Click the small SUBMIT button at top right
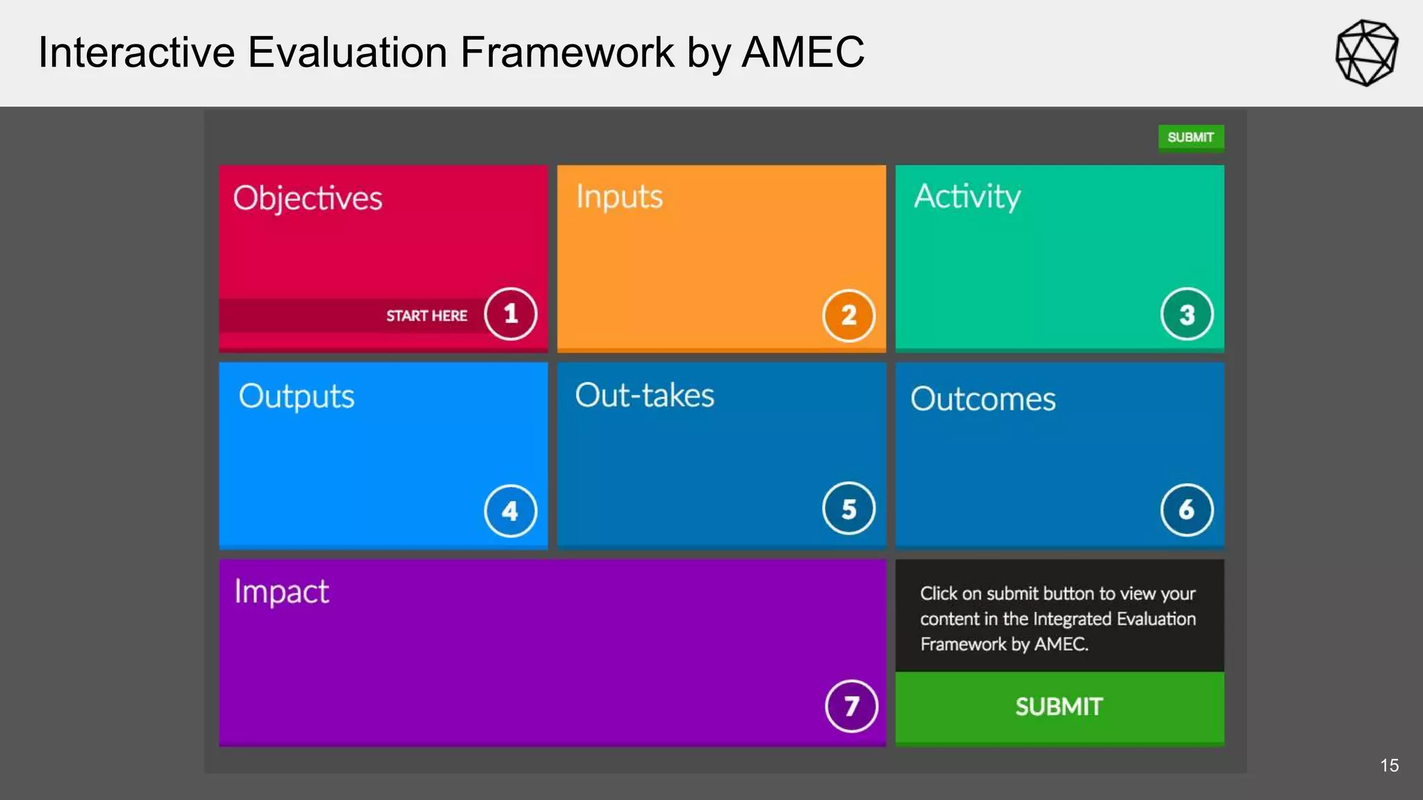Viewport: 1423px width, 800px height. tap(1190, 137)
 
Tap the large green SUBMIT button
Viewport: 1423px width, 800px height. tap(1059, 707)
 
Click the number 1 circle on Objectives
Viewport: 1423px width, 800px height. tap(511, 314)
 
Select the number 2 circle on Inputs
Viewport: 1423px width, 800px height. tap(848, 315)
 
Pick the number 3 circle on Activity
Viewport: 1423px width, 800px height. tap(1187, 314)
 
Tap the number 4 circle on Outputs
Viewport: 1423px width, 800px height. tap(511, 511)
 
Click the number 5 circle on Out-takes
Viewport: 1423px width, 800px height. tap(848, 509)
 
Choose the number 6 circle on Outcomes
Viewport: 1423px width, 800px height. tap(1187, 510)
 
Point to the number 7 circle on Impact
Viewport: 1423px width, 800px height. tap(851, 706)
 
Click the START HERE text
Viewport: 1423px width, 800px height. tap(427, 316)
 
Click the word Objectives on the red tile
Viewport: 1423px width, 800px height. tap(307, 199)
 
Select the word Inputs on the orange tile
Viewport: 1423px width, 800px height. tap(619, 197)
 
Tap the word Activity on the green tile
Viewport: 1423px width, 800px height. tap(967, 197)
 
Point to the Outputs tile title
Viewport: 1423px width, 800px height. tap(297, 397)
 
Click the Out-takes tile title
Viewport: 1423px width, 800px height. tap(644, 396)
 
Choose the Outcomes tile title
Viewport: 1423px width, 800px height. tap(982, 399)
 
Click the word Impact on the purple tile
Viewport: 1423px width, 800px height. tap(281, 592)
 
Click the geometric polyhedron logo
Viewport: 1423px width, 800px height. tap(1366, 53)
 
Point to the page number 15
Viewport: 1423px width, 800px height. tap(1389, 765)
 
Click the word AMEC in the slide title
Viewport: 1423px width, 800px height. tap(803, 53)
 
